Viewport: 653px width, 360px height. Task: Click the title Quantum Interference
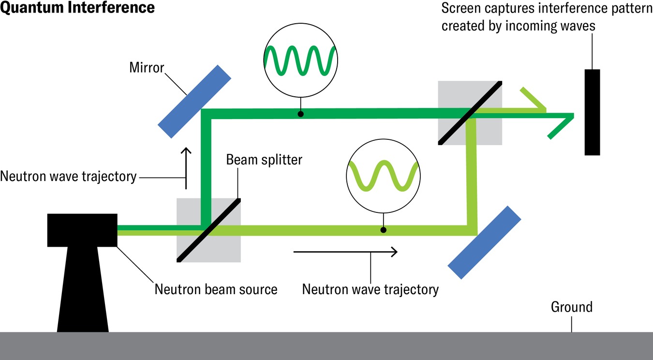[x=77, y=8]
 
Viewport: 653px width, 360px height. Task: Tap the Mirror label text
[x=147, y=67]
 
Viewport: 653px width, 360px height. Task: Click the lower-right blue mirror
[x=484, y=242]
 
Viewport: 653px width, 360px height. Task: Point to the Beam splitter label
[x=264, y=159]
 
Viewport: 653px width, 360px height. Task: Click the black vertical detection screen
[x=592, y=112]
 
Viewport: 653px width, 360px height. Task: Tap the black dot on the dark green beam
[x=300, y=114]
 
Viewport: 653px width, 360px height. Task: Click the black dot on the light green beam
[x=384, y=230]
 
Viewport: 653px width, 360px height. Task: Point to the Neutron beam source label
[x=216, y=289]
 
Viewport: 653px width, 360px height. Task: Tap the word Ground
[x=571, y=307]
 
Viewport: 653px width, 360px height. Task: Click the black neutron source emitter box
[x=82, y=230]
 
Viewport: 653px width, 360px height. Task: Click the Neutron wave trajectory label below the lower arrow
[x=370, y=289]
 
